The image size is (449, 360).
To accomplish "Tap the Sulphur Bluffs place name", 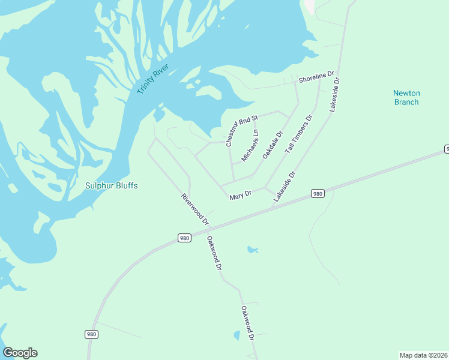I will tap(111, 186).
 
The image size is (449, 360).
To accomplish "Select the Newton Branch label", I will tap(406, 97).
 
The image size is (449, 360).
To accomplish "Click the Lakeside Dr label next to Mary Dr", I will tap(285, 187).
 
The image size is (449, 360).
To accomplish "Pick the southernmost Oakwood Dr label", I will tap(248, 324).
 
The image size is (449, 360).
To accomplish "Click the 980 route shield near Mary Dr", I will tap(318, 193).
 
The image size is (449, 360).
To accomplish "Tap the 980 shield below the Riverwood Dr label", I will tap(185, 238).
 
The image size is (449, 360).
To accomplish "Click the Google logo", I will tap(20, 353).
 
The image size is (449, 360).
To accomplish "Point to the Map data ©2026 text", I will tap(423, 355).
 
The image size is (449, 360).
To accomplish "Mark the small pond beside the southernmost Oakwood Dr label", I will tap(236, 336).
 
